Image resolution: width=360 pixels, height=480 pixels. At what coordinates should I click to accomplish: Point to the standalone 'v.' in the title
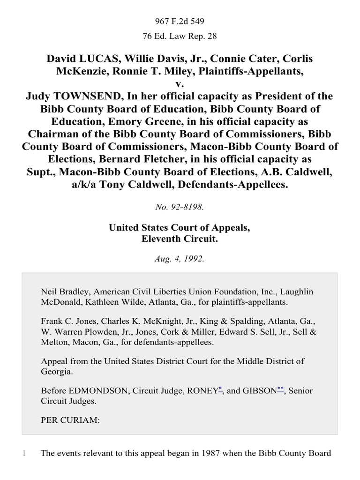(x=180, y=84)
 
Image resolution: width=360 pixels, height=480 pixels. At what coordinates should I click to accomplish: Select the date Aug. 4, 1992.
(x=180, y=257)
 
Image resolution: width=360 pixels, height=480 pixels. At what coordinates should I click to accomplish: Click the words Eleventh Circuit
(x=180, y=238)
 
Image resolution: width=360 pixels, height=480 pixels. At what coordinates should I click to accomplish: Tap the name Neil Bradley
(x=63, y=292)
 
